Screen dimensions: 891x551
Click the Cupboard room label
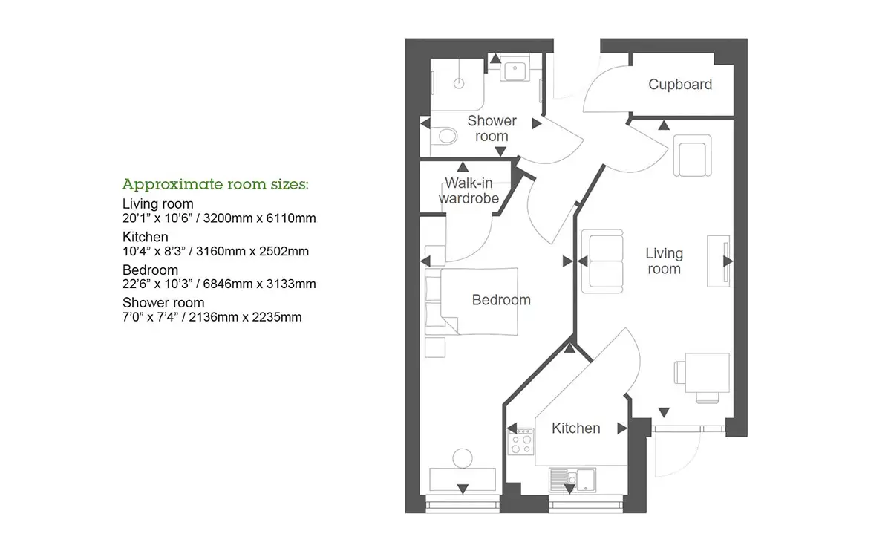tap(680, 85)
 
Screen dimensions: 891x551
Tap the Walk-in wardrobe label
tap(469, 191)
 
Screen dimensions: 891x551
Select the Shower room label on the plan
tap(492, 128)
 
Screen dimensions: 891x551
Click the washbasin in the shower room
tap(515, 70)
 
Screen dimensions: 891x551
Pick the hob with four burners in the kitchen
tap(520, 442)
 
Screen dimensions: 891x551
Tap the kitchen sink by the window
tap(572, 480)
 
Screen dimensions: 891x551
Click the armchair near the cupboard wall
tap(692, 155)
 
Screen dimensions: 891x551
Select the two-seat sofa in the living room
tap(602, 261)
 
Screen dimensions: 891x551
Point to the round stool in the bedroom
tap(462, 458)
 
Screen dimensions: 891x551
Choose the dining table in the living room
tap(707, 372)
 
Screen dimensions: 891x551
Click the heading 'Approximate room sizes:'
tap(215, 184)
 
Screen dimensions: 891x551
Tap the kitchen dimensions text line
tap(215, 252)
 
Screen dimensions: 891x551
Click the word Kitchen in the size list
tap(146, 237)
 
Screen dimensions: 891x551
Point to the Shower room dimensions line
tap(212, 317)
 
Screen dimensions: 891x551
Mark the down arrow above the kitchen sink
tap(569, 489)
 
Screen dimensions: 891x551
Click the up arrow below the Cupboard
tap(664, 125)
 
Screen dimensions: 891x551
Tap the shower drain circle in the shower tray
tap(459, 84)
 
